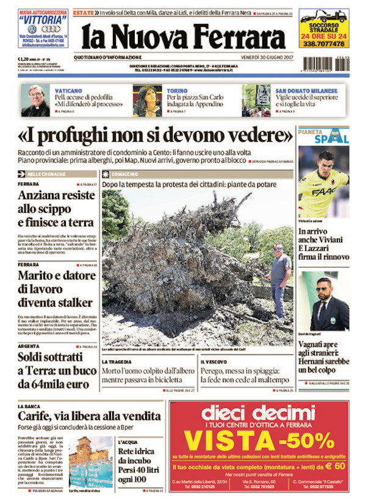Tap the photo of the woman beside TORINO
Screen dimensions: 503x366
click(147, 101)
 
